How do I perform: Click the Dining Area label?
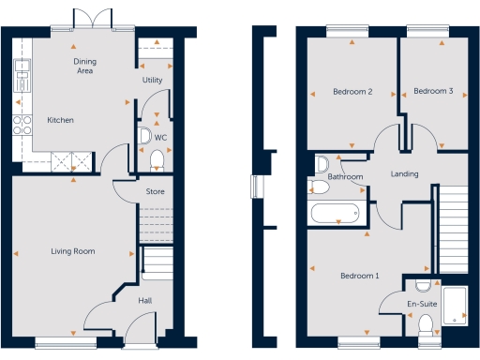click(85, 66)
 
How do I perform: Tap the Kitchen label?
click(60, 120)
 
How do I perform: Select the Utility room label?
click(153, 81)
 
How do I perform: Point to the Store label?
click(155, 192)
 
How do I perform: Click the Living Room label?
click(73, 251)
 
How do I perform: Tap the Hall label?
click(145, 301)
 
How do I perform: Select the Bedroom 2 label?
click(353, 92)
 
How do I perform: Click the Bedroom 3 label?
click(433, 91)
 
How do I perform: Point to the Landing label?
click(404, 174)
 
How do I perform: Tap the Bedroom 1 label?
click(359, 276)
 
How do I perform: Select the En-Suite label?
click(420, 305)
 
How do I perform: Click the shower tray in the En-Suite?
click(455, 305)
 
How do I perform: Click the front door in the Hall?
click(141, 330)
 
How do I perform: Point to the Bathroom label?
click(345, 176)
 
